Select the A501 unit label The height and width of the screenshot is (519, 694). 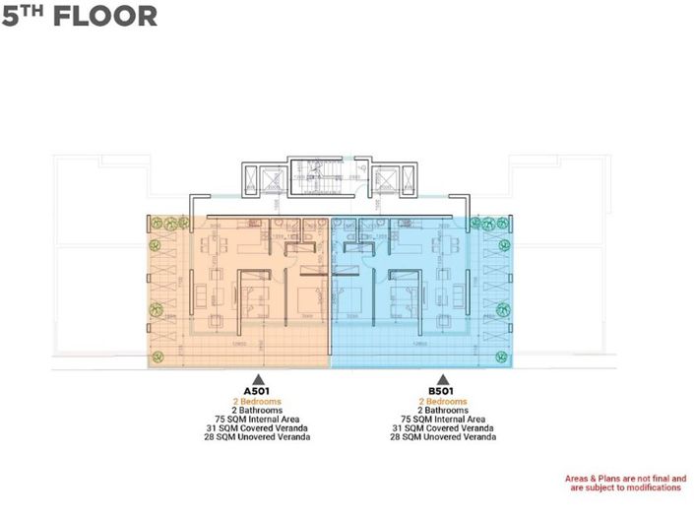(x=257, y=390)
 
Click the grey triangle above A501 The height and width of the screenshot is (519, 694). (x=257, y=378)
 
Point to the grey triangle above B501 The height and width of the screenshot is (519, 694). (x=442, y=378)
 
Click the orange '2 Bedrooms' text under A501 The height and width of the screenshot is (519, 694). (x=257, y=401)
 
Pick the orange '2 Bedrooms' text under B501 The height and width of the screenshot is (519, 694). (x=442, y=401)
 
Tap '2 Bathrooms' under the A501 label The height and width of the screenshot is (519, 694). (x=257, y=410)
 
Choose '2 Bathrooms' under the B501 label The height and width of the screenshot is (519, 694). (x=442, y=410)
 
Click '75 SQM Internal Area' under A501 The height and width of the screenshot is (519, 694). (x=257, y=419)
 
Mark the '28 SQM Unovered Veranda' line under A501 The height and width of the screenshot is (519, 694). (x=257, y=436)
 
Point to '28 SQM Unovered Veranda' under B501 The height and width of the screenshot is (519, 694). (x=442, y=436)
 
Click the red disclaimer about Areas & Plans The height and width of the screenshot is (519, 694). (x=624, y=484)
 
